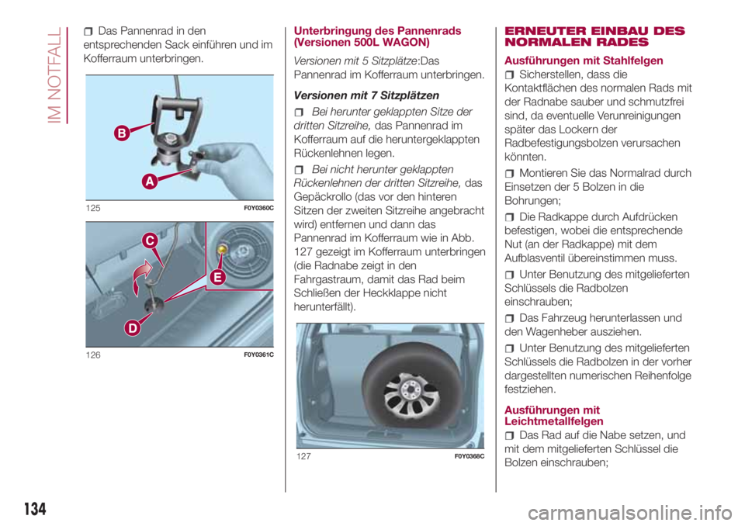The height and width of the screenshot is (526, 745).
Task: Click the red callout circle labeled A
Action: point(150,181)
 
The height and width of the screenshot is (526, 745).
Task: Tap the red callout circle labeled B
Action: point(122,133)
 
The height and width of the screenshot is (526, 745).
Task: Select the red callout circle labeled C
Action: point(150,241)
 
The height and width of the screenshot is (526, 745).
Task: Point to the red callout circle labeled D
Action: point(133,328)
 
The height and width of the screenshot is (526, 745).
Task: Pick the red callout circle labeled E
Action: point(217,277)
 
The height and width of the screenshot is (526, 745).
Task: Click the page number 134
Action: point(35,509)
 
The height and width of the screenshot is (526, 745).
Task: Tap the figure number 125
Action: point(93,208)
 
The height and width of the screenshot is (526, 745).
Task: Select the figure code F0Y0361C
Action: point(259,355)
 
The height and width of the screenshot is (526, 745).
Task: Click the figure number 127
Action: point(303,456)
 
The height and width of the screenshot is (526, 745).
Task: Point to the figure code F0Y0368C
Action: point(470,456)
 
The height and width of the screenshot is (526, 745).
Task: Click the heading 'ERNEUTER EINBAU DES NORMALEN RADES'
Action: point(594,36)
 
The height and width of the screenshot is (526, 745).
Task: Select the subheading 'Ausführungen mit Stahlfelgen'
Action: point(584,61)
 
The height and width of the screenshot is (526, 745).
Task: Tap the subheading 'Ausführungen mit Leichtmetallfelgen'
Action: point(553,416)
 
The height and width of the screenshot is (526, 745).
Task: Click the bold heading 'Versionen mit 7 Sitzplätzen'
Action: point(366,95)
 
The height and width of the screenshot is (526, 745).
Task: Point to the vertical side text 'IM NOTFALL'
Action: point(55,75)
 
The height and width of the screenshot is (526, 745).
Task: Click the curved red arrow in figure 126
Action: point(140,278)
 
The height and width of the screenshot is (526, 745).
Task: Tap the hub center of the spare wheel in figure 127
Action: point(409,389)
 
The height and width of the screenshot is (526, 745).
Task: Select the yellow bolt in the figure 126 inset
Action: point(222,249)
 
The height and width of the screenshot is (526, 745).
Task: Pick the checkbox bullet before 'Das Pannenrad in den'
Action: point(88,32)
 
